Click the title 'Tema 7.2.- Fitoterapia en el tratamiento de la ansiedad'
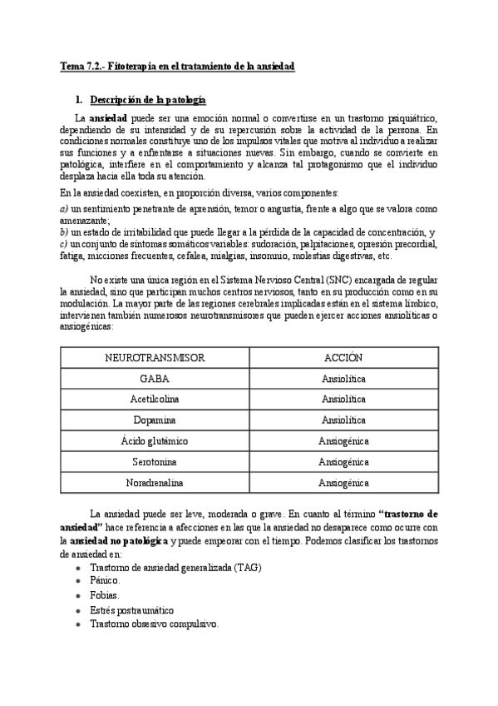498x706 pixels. point(178,65)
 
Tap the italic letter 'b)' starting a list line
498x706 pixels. point(65,231)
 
